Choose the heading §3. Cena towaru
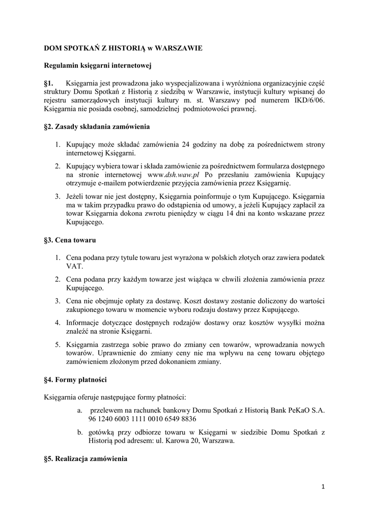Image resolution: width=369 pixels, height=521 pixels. click(x=70, y=240)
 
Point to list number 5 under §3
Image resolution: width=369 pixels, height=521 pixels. click(x=59, y=344)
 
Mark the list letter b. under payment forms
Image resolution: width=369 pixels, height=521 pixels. click(x=80, y=432)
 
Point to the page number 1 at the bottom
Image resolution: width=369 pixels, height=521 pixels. click(x=323, y=486)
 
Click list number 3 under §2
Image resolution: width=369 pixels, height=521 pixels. click(x=59, y=196)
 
